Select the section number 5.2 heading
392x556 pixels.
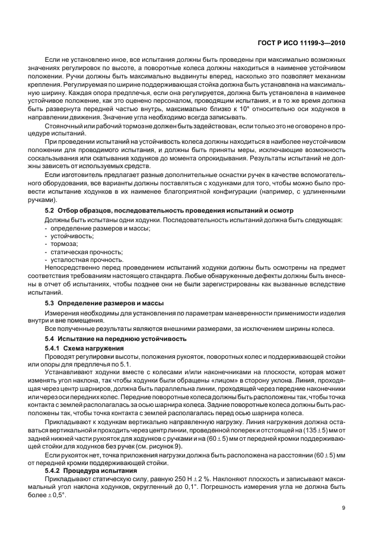pyautogui.click(x=51, y=211)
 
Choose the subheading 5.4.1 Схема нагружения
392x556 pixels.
pyautogui.click(x=84, y=347)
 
